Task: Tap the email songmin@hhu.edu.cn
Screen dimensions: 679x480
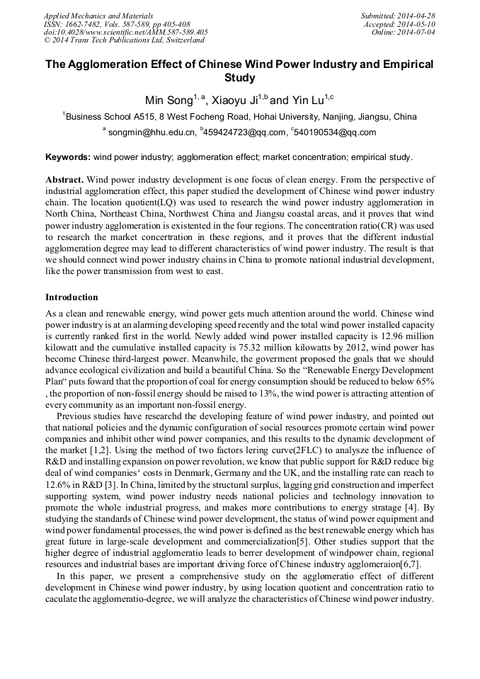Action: tap(151, 132)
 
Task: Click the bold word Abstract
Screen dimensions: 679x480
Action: tap(64, 180)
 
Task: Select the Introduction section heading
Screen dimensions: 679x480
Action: tap(72, 297)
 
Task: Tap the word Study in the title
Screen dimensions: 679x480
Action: tap(239, 78)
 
